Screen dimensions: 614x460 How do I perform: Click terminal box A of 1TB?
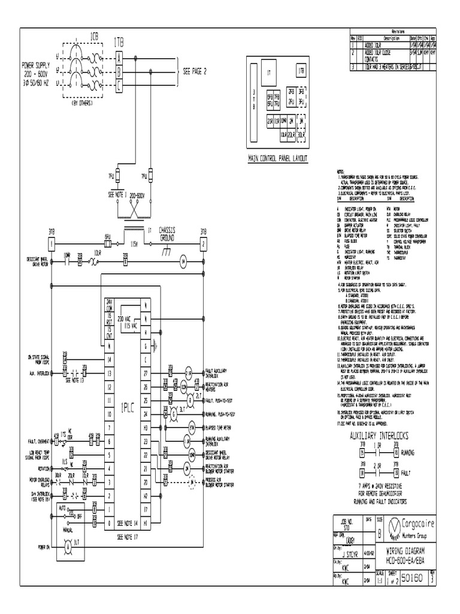point(119,58)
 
